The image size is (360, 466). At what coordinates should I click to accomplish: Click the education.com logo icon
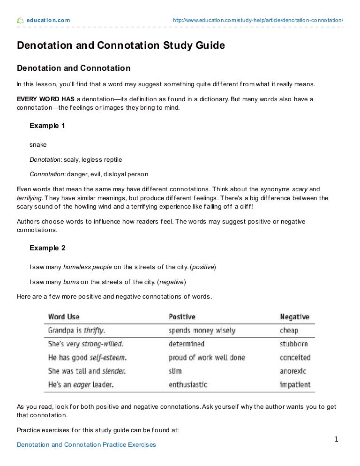[x=20, y=20]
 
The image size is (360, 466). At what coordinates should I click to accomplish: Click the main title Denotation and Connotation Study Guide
[x=121, y=46]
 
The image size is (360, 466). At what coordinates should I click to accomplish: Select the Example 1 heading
[x=47, y=126]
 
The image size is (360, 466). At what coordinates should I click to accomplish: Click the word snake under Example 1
[x=38, y=145]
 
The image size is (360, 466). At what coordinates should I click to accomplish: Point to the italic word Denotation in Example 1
[x=45, y=159]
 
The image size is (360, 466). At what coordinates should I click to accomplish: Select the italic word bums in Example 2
[x=71, y=282]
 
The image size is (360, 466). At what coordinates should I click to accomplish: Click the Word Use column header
[x=63, y=317]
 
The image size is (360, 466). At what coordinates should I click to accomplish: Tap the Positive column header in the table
[x=182, y=317]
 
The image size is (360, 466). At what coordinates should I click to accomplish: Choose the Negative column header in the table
[x=295, y=317]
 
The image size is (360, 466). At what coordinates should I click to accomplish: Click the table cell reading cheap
[x=289, y=331]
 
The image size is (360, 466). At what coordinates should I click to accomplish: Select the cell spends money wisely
[x=202, y=331]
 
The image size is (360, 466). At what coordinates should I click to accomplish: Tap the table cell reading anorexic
[x=293, y=371]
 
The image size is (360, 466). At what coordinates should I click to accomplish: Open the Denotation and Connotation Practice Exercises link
[x=86, y=444]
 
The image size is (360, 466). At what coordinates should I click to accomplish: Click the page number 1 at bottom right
[x=336, y=439]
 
